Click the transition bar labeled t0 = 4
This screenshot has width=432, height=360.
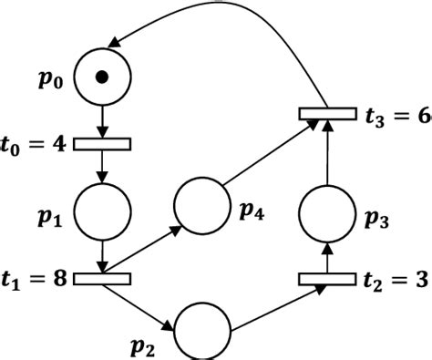click(x=102, y=144)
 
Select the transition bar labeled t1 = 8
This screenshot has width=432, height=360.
click(x=102, y=278)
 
